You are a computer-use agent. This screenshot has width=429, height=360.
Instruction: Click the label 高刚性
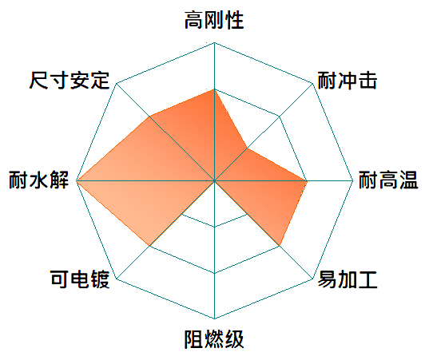[214, 20]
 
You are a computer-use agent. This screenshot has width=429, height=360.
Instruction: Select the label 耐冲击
[348, 81]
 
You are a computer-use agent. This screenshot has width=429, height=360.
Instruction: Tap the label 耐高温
[388, 180]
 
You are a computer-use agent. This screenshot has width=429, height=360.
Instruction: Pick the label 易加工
[348, 279]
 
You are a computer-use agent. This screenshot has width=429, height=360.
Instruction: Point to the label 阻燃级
[214, 339]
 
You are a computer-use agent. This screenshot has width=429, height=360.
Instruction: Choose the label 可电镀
[80, 279]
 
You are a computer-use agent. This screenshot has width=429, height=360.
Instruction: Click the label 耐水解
[38, 180]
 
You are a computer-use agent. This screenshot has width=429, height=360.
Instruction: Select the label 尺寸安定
[70, 81]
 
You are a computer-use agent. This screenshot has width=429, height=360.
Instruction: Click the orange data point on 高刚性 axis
[214, 89]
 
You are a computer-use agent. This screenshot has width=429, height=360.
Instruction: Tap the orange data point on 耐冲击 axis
[247, 148]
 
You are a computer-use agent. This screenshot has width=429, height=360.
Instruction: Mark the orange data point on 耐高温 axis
[307, 181]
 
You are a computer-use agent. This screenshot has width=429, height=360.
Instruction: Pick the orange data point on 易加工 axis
[280, 246]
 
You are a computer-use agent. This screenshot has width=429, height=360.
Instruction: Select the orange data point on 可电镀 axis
[149, 246]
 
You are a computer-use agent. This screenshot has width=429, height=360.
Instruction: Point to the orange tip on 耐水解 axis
[77, 181]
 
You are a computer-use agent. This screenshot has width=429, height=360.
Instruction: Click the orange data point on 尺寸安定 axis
[149, 117]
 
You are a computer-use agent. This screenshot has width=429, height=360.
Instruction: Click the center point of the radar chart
[214, 181]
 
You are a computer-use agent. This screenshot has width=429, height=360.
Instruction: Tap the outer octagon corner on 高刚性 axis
[214, 42]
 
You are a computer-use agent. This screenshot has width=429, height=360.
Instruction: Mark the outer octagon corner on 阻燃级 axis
[214, 318]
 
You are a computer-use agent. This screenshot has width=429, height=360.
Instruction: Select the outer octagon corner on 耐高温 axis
[353, 181]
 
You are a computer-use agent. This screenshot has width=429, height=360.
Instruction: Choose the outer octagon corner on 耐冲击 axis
[312, 83]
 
